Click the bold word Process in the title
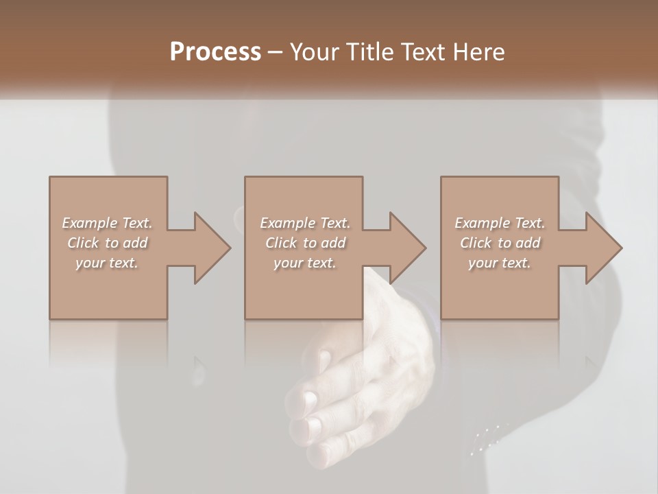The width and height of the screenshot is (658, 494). pos(215,52)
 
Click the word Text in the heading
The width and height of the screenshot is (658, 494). pos(424,52)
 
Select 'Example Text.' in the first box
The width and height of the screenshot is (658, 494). pos(107,223)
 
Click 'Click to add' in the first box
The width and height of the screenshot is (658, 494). pos(107,243)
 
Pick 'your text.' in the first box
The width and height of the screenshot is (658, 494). pos(107,263)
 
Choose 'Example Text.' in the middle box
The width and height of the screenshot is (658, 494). pos(305,223)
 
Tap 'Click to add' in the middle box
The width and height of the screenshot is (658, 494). pos(305,243)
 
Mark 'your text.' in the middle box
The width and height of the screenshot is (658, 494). pos(305,263)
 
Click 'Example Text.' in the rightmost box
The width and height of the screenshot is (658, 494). pos(500,223)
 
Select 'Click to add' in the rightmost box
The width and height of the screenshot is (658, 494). pos(500,243)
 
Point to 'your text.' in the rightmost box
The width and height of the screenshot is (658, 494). pos(500,263)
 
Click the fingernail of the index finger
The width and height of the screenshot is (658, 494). pos(310,399)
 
